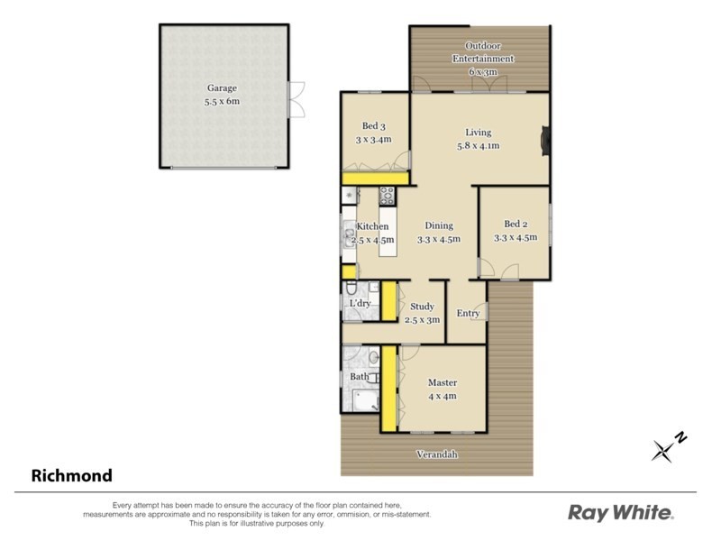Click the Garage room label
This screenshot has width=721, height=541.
click(x=222, y=88)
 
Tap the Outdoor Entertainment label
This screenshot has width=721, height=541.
click(x=482, y=52)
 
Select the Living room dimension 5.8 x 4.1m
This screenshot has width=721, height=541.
click(x=478, y=145)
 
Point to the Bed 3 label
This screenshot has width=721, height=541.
click(x=370, y=126)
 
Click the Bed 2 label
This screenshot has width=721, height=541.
click(x=515, y=225)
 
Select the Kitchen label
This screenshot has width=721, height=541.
click(x=372, y=226)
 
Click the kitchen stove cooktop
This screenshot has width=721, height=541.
click(x=387, y=195)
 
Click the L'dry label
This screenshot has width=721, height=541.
click(x=360, y=304)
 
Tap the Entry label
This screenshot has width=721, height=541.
click(x=468, y=314)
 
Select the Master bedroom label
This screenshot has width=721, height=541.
click(x=443, y=382)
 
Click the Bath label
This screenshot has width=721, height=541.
click(x=359, y=377)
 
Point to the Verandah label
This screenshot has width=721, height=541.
click(x=436, y=454)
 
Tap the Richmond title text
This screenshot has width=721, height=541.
click(x=72, y=475)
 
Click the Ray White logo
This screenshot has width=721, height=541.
click(x=621, y=513)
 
